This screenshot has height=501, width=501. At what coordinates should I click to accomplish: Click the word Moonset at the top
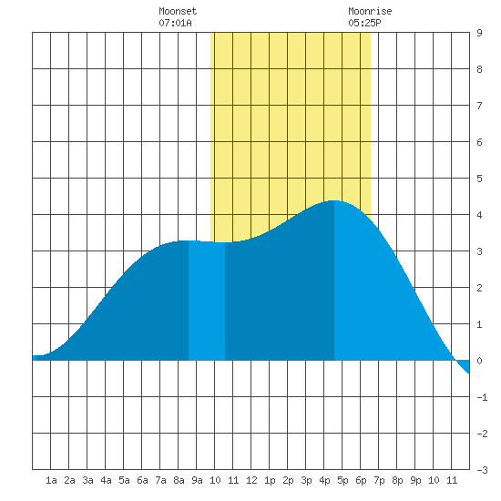pyautogui.click(x=178, y=11)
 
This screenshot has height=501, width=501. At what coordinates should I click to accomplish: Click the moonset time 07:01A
pyautogui.click(x=175, y=23)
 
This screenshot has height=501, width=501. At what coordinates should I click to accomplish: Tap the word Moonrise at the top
pyautogui.click(x=370, y=11)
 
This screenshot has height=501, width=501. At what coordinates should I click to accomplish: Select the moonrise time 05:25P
pyautogui.click(x=364, y=23)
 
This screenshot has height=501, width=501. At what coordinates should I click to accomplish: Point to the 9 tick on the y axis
pyautogui.click(x=479, y=33)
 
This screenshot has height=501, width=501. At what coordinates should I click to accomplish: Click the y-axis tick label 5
pyautogui.click(x=479, y=179)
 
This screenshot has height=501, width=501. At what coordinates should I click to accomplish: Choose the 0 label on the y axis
pyautogui.click(x=479, y=361)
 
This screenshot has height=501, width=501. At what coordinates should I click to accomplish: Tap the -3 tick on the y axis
pyautogui.click(x=482, y=470)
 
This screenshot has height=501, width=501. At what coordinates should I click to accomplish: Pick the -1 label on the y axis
pyautogui.click(x=482, y=397)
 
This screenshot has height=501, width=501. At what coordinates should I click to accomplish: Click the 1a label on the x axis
pyautogui.click(x=51, y=480)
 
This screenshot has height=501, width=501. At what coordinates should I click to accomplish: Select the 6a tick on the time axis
pyautogui.click(x=142, y=480)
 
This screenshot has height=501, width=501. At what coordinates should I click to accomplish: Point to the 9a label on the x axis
pyautogui.click(x=197, y=480)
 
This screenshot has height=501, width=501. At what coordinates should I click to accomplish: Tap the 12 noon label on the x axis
pyautogui.click(x=251, y=480)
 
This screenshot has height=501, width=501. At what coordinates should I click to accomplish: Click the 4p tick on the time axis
pyautogui.click(x=324, y=480)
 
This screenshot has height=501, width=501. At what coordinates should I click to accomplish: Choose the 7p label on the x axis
pyautogui.click(x=379, y=480)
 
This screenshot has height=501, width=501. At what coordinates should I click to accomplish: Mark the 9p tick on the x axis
pyautogui.click(x=415, y=480)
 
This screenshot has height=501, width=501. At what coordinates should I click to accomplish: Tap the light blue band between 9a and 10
pyautogui.click(x=207, y=301)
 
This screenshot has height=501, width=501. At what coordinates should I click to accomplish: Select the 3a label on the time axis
pyautogui.click(x=87, y=480)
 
